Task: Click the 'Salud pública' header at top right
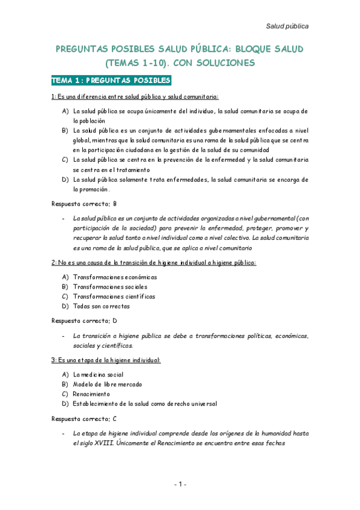coord(287,26)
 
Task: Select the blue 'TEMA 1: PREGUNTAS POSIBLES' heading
coord(112,81)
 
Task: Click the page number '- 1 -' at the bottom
coord(180,484)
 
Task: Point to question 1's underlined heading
coord(135,96)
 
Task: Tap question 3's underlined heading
coord(106,360)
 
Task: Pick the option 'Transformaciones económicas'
coord(115,277)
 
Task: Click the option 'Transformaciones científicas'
coord(114,296)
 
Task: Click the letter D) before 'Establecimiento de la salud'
coord(65,403)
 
